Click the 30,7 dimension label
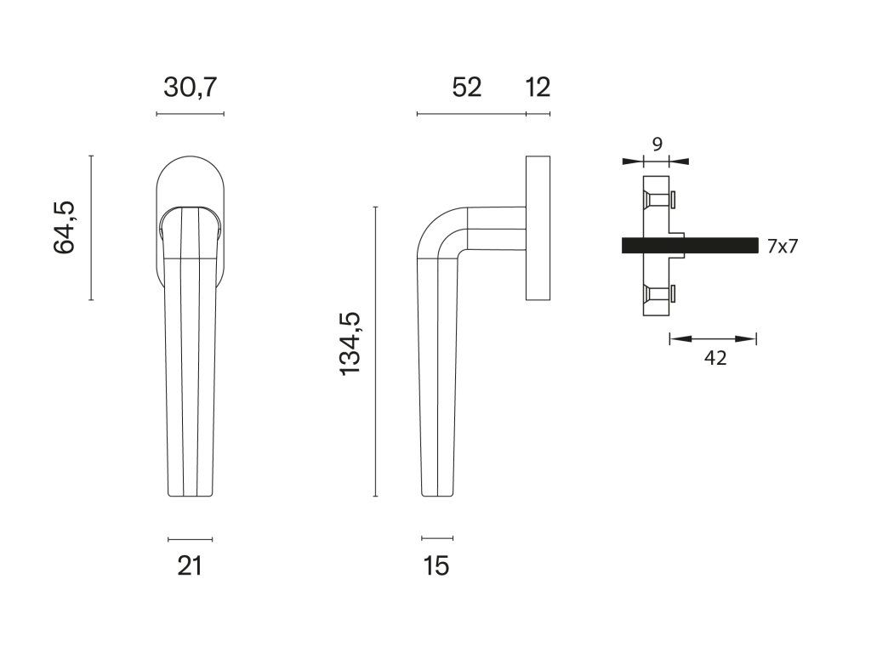click(190, 88)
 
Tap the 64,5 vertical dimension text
click(65, 228)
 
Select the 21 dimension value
click(190, 566)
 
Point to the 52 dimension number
click(467, 88)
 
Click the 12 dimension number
click(538, 88)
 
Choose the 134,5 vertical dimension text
click(350, 344)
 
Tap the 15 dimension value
click(436, 566)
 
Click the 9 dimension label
click(658, 145)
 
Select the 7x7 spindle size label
click(783, 246)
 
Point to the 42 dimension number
click(715, 359)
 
